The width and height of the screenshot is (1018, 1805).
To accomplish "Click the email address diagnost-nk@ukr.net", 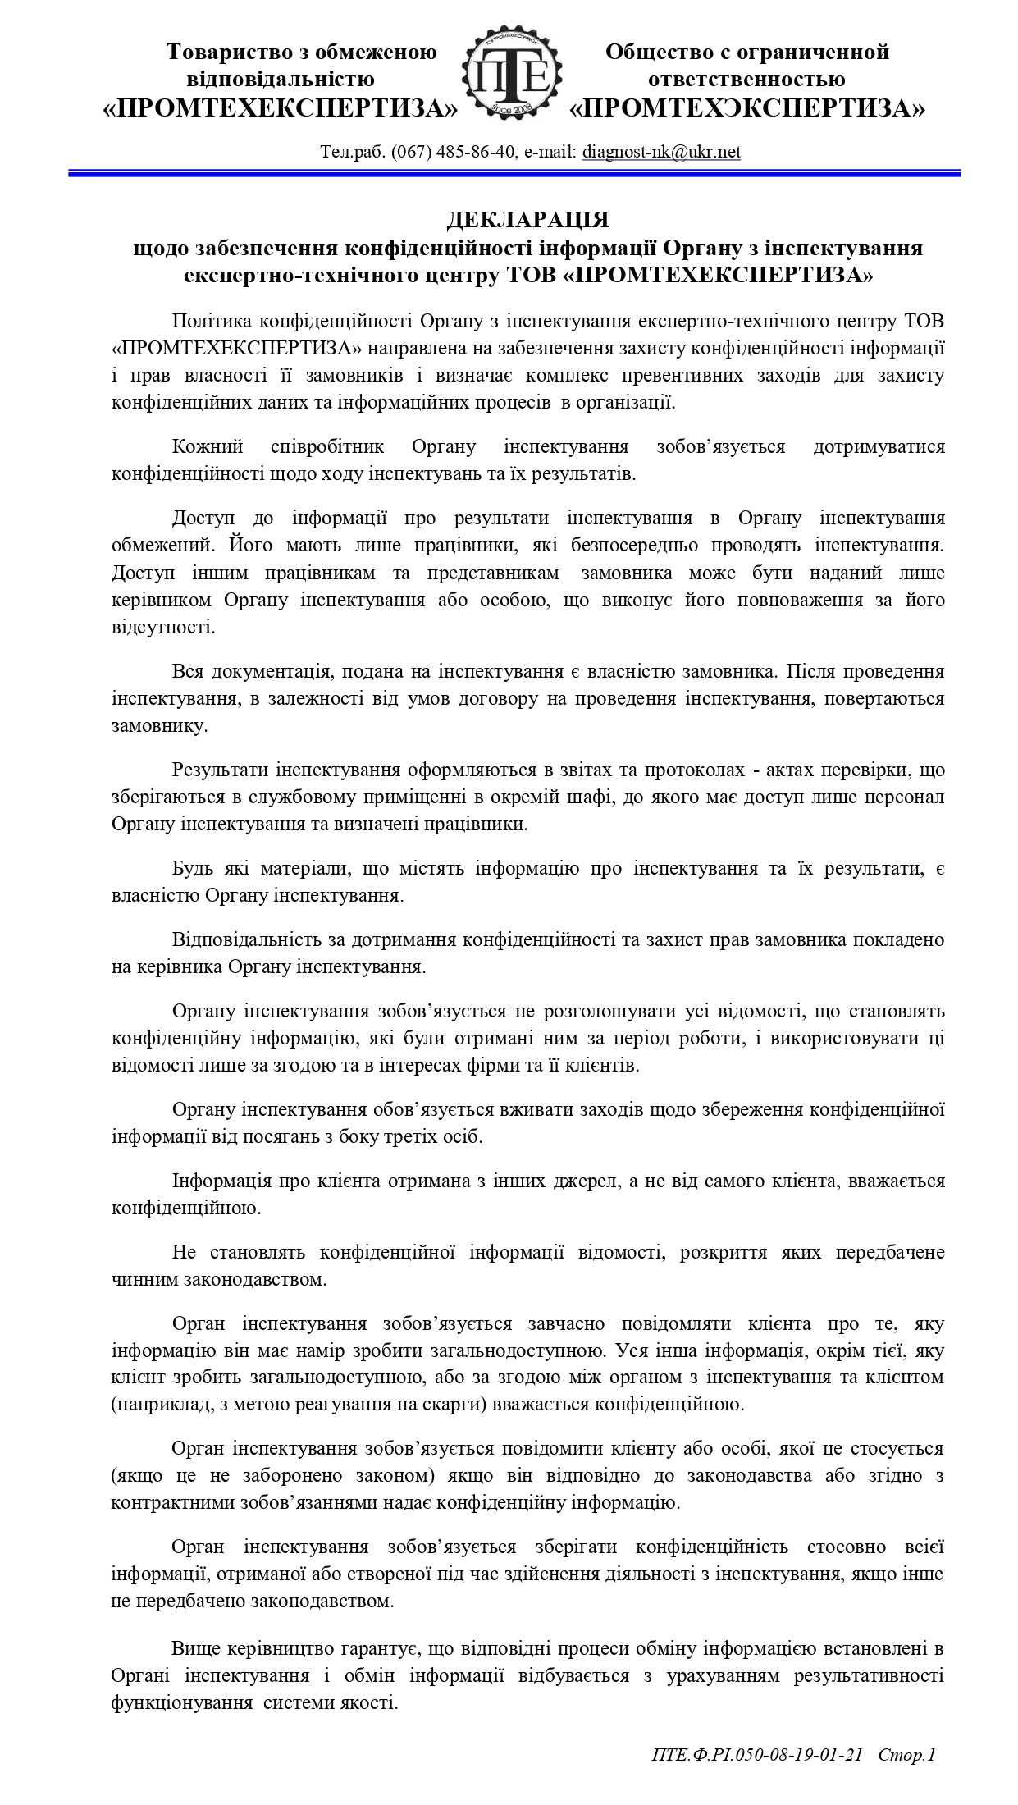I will tap(661, 152).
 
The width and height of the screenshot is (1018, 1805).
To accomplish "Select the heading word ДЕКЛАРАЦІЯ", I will tap(527, 221).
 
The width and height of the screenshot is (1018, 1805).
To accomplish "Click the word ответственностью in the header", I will tap(746, 80).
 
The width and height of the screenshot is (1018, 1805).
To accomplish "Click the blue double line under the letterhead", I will tap(514, 173).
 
